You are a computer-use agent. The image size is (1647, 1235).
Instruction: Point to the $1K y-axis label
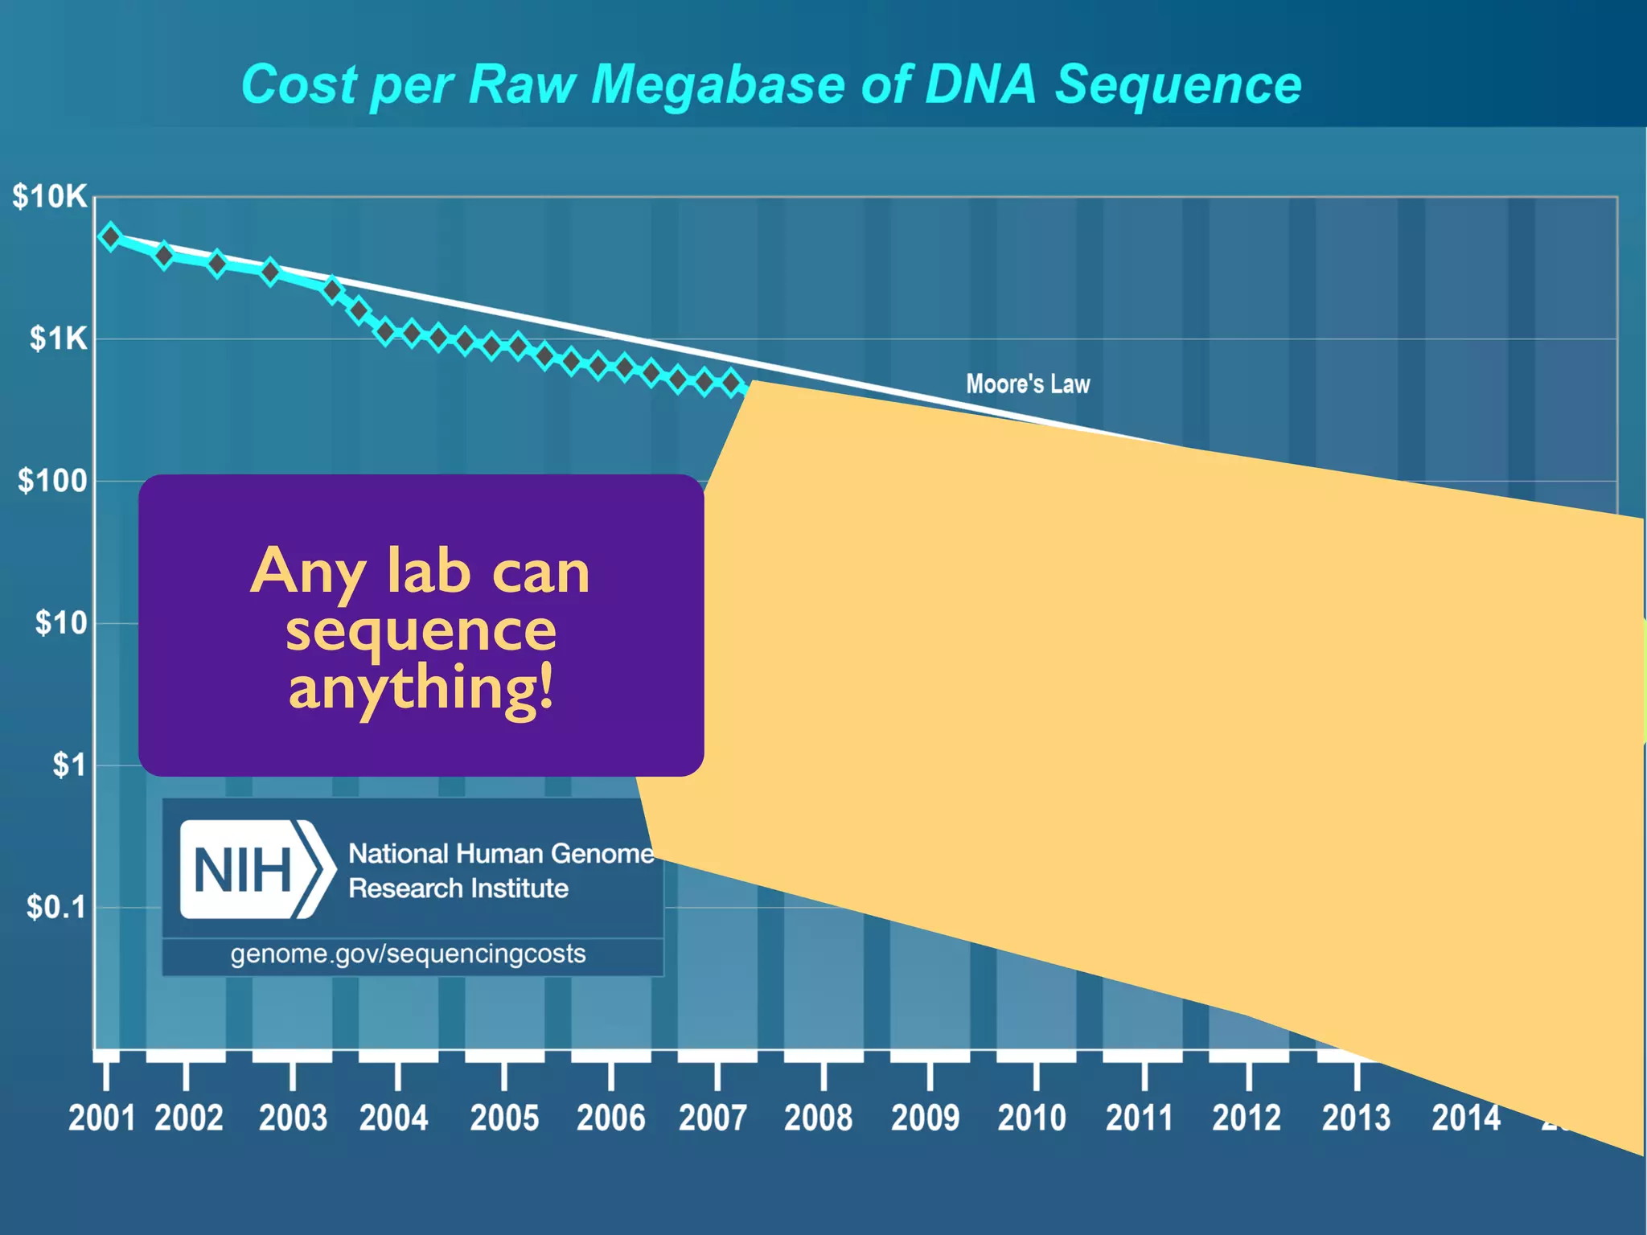click(58, 338)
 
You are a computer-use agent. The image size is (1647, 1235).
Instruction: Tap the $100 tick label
click(53, 481)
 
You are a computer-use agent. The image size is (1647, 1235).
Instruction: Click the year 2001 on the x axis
click(101, 1118)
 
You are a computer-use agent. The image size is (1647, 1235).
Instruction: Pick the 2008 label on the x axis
click(818, 1118)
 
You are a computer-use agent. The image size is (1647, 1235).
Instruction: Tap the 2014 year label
click(1465, 1118)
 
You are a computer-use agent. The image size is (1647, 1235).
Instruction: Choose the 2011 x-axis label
click(1139, 1118)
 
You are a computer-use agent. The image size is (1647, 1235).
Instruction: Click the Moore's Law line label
click(1028, 384)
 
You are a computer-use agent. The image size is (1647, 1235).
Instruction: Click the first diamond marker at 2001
click(110, 236)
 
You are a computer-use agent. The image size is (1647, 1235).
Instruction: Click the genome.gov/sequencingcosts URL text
click(408, 954)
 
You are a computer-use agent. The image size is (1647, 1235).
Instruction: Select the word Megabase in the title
click(718, 84)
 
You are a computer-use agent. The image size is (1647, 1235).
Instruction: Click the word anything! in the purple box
click(421, 688)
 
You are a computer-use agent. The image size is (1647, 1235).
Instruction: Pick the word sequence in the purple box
click(421, 630)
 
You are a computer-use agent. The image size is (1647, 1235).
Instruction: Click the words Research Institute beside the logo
click(458, 888)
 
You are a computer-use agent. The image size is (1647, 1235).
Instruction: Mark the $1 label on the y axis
click(69, 765)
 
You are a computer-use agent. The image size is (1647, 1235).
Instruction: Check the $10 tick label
click(61, 623)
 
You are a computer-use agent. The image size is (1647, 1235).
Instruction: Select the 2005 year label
click(504, 1118)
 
